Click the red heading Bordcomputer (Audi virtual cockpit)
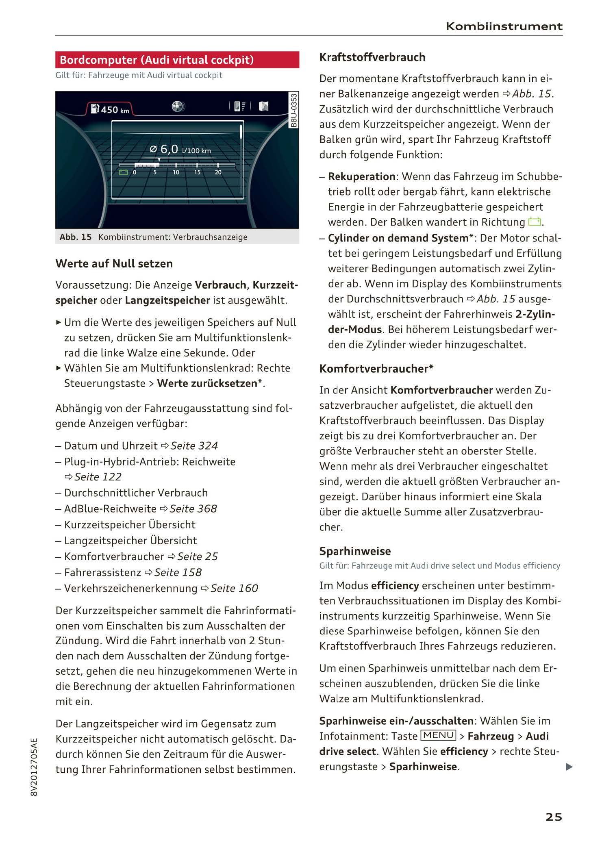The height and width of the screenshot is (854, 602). (x=156, y=60)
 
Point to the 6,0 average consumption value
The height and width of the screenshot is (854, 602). (x=169, y=150)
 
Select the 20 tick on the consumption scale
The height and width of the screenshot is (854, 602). (x=218, y=172)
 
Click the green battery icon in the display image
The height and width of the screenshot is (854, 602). (x=123, y=172)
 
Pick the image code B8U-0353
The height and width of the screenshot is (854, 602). (x=294, y=110)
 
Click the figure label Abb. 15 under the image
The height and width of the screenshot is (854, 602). (x=76, y=237)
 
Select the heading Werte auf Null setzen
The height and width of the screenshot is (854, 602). (x=114, y=263)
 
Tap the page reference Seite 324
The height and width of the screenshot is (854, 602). (x=194, y=446)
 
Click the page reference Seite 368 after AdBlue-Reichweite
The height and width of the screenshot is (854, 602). (x=193, y=509)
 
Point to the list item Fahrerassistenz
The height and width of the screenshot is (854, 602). (x=102, y=572)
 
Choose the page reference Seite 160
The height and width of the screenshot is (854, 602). (x=234, y=588)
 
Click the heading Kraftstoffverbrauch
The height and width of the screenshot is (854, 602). (x=372, y=57)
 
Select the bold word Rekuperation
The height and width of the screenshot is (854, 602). (x=362, y=176)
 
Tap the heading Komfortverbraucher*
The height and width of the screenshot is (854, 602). (x=376, y=369)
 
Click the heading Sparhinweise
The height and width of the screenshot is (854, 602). (x=355, y=551)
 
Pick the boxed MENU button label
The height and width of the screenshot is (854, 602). (x=438, y=735)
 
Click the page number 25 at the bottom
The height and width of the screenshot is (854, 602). (x=554, y=817)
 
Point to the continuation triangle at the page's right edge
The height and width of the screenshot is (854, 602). (x=569, y=767)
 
